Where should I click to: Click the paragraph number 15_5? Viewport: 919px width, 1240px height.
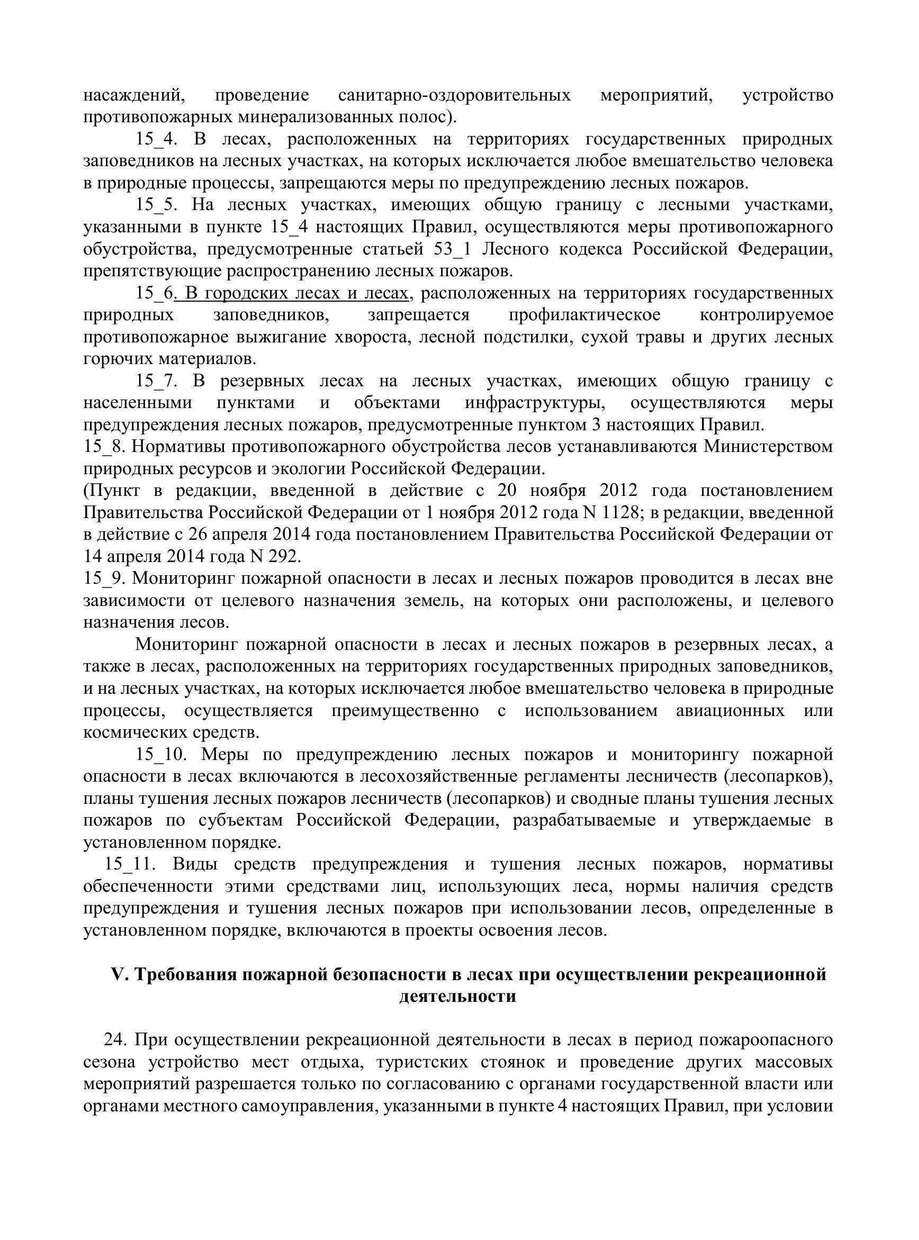(x=156, y=206)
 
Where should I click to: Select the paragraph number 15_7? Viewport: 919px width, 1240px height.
(x=156, y=382)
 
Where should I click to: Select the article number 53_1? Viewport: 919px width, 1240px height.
(x=452, y=250)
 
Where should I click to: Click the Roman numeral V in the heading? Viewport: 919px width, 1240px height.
(x=118, y=975)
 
